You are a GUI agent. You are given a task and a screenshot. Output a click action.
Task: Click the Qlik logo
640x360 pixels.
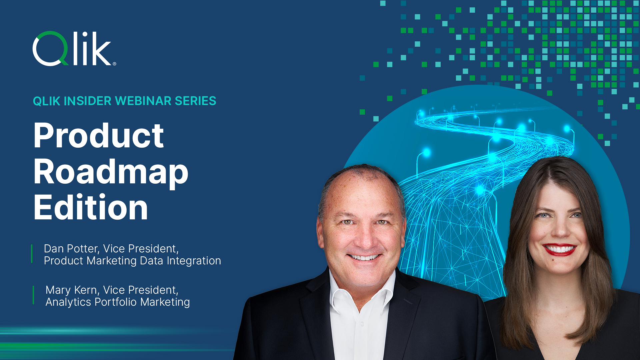click(74, 49)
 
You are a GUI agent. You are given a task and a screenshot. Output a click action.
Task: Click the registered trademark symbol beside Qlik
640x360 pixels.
click(114, 64)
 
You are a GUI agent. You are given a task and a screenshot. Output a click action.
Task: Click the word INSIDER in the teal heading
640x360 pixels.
click(87, 101)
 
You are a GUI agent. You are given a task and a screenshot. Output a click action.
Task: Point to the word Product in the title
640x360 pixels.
click(99, 136)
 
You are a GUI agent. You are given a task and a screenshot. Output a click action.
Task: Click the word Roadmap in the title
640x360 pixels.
click(111, 173)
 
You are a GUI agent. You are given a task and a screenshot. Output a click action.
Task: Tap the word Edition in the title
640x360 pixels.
click(91, 208)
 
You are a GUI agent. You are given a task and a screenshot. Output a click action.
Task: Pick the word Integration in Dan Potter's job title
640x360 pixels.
click(194, 261)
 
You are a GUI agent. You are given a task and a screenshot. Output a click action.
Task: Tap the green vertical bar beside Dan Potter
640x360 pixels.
click(32, 254)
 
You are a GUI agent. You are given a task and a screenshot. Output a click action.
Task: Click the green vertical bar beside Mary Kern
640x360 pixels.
click(33, 295)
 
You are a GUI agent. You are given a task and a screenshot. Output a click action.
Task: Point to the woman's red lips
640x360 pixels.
click(560, 249)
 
